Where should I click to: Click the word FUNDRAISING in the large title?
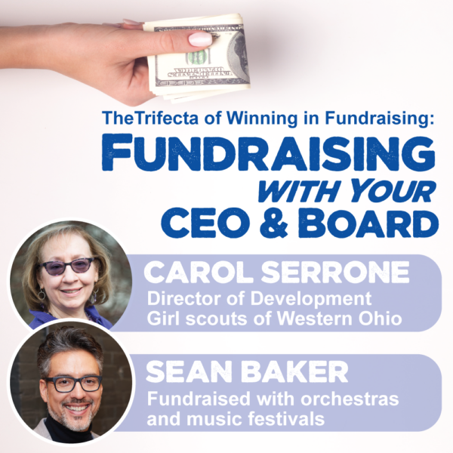pyautogui.click(x=268, y=153)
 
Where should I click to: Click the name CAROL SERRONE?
pyautogui.click(x=276, y=273)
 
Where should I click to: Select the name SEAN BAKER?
pyautogui.click(x=247, y=372)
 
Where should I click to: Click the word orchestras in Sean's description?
pyautogui.click(x=350, y=399)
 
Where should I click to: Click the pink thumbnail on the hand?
pyautogui.click(x=200, y=39)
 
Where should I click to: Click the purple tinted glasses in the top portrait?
pyautogui.click(x=69, y=266)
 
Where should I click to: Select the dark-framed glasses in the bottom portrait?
pyautogui.click(x=74, y=384)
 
